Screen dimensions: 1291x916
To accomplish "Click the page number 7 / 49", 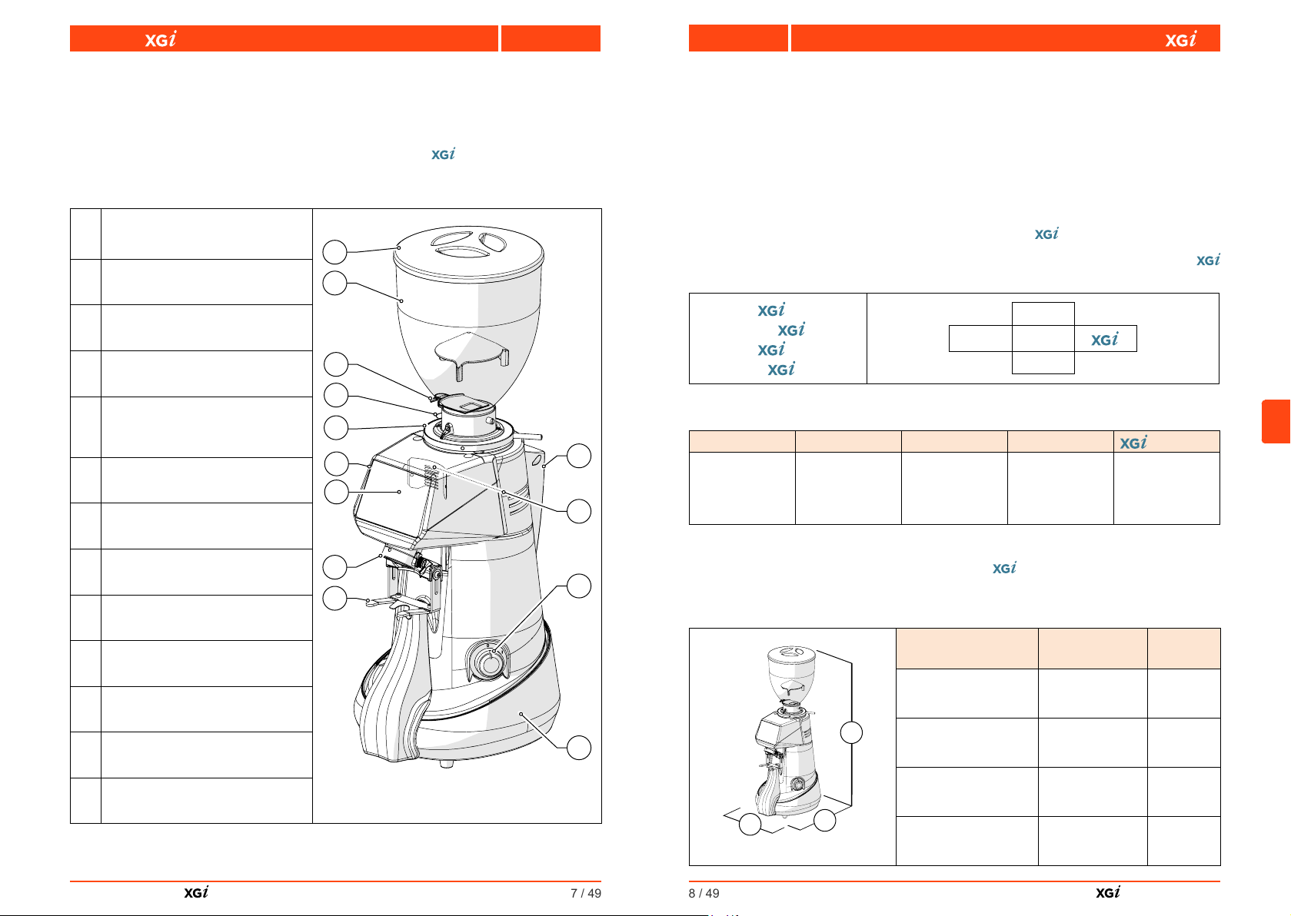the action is pos(586,893).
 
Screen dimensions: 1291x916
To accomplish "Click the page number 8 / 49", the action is pos(704,893).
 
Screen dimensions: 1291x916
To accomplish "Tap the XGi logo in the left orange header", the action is pos(160,39).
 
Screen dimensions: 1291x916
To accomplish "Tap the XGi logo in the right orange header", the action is pos(1181,39).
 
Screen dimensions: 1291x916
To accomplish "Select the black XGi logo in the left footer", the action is pos(196,892).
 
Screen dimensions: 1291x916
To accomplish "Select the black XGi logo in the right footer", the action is pos(1108,892).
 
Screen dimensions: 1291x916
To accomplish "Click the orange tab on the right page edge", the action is pos(1276,421).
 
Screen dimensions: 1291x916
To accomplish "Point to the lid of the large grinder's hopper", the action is pos(468,251).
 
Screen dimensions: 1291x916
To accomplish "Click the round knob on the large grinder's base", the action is pos(490,663).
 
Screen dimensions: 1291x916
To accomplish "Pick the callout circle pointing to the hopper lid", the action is pos(334,252).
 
